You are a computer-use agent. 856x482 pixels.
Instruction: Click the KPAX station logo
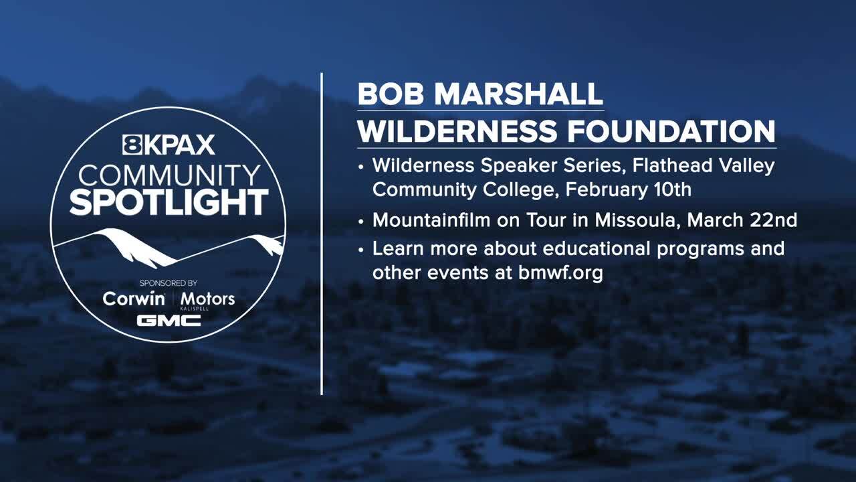tap(169, 145)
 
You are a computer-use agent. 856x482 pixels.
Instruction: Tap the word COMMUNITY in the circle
tap(169, 176)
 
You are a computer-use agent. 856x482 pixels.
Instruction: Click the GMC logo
tap(169, 321)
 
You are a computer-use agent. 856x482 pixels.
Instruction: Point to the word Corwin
tap(134, 299)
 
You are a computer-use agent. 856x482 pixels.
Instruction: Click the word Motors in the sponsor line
tap(207, 299)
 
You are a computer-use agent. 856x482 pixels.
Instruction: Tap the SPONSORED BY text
tap(169, 283)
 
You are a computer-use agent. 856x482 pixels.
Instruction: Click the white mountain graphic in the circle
tap(169, 248)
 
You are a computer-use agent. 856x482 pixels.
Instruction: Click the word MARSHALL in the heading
tap(518, 94)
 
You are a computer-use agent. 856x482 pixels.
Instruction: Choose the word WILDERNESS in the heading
tap(457, 131)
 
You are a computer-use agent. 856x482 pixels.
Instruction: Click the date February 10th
tap(628, 189)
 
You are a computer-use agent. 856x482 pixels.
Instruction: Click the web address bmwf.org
tap(560, 273)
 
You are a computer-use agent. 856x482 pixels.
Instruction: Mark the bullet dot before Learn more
tap(361, 250)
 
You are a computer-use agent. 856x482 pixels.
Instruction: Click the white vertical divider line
tap(322, 234)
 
